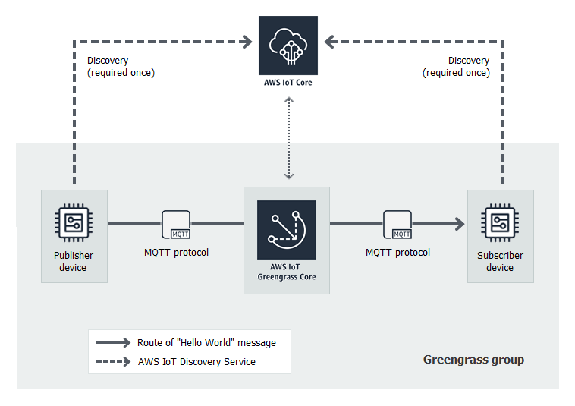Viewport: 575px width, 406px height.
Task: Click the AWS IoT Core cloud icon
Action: (288, 46)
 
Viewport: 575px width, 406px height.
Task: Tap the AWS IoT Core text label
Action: (288, 83)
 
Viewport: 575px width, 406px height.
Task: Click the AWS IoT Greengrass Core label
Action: (287, 272)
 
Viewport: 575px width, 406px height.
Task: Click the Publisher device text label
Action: (74, 262)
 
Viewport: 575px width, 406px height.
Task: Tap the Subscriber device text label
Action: (500, 262)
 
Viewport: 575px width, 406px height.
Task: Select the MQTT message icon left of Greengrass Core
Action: (176, 225)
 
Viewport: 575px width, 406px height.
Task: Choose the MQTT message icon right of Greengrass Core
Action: (397, 225)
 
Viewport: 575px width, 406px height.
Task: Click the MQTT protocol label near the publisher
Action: (176, 253)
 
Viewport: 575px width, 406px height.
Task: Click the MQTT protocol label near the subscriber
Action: (397, 253)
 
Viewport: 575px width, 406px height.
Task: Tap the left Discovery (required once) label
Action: (121, 67)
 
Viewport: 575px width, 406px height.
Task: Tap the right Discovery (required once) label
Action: (456, 67)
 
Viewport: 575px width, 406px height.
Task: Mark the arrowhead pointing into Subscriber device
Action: (459, 224)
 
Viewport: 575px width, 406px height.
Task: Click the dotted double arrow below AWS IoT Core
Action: (288, 139)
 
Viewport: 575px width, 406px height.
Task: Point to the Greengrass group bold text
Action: (473, 360)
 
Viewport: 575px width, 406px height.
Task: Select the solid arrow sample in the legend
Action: (113, 343)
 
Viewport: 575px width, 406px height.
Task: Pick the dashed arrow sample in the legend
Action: (113, 362)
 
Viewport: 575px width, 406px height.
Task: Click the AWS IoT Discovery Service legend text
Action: (196, 362)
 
